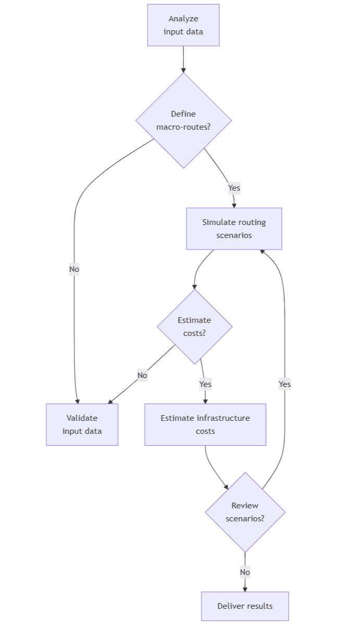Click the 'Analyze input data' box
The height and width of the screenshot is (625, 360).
click(x=183, y=25)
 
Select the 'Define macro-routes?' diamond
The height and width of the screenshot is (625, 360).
click(x=183, y=120)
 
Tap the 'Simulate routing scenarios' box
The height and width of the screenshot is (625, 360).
click(x=234, y=229)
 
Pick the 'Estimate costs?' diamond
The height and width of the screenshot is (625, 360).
click(x=194, y=327)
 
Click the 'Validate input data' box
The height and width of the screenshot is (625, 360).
click(x=82, y=424)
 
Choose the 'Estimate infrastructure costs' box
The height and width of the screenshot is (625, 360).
click(x=205, y=424)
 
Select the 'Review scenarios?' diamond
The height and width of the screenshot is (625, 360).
click(x=245, y=512)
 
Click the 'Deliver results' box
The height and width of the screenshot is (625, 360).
click(x=245, y=606)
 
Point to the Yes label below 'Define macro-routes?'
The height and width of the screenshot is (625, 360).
click(x=234, y=188)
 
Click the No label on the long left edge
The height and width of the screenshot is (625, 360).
click(x=74, y=269)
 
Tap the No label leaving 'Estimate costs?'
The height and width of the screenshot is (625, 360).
click(x=142, y=376)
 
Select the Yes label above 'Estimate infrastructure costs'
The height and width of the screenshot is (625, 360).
click(x=205, y=384)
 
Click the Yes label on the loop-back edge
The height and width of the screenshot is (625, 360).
click(x=284, y=384)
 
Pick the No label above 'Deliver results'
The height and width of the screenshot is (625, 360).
click(x=245, y=572)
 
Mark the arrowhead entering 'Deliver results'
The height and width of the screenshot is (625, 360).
click(x=245, y=589)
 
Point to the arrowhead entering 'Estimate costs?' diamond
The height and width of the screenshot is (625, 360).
click(x=194, y=286)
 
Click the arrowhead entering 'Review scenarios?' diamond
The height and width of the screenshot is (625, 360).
click(x=226, y=487)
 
